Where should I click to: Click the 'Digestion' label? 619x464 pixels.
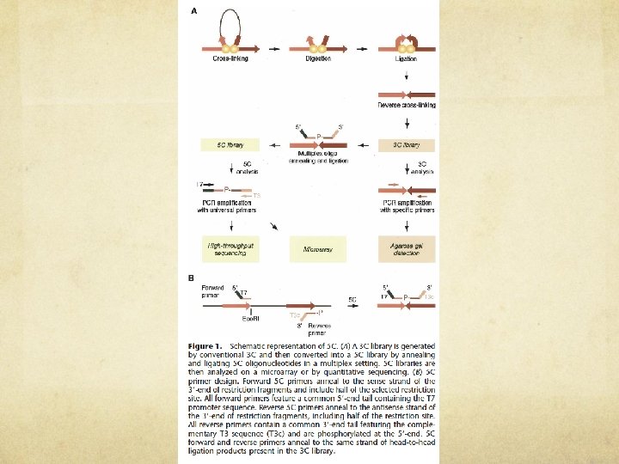318,58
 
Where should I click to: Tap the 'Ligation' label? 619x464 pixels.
407,58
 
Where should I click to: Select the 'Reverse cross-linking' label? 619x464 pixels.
407,105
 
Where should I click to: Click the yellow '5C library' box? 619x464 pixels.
226,146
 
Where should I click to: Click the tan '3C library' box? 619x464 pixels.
407,146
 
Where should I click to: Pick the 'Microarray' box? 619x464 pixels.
317,249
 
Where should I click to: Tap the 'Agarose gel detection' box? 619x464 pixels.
407,249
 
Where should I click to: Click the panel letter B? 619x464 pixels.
191,277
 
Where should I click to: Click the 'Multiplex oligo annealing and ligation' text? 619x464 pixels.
317,157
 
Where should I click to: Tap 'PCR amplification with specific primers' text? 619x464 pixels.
408,205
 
